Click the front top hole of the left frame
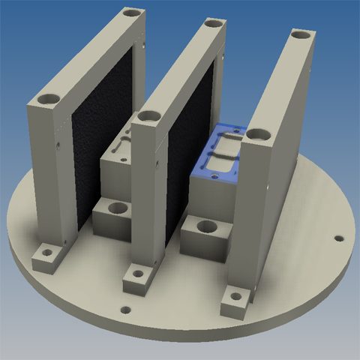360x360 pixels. [50, 99]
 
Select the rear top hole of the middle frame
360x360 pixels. [214, 24]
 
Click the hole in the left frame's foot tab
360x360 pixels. [46, 253]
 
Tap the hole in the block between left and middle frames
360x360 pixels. [115, 207]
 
